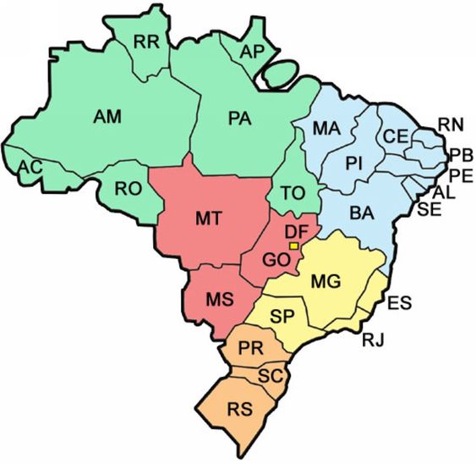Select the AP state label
pyautogui.click(x=252, y=52)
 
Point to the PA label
pyautogui.click(x=242, y=118)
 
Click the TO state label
pyautogui.click(x=293, y=193)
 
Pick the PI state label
pyautogui.click(x=353, y=163)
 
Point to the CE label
pyautogui.click(x=396, y=136)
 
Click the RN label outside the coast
pyautogui.click(x=450, y=125)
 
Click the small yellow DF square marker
pyautogui.click(x=294, y=246)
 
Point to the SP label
pyautogui.click(x=282, y=316)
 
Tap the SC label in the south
pyautogui.click(x=270, y=375)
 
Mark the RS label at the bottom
pyautogui.click(x=240, y=411)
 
